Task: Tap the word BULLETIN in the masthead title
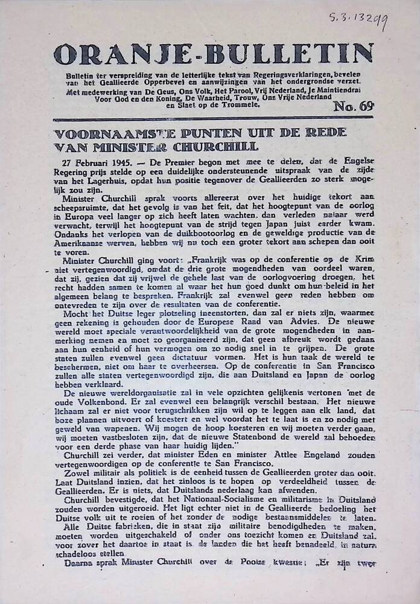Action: pos(290,54)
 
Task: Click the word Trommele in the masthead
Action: pos(237,104)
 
